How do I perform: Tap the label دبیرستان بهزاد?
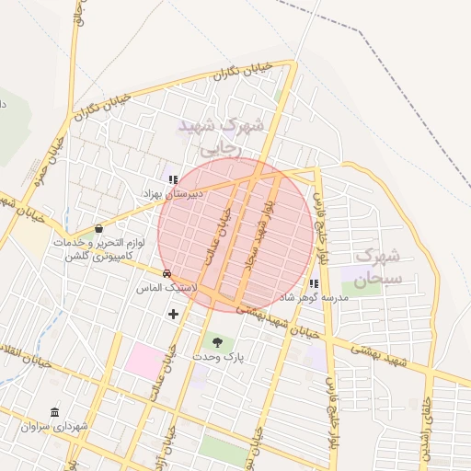pyautogui.click(x=170, y=195)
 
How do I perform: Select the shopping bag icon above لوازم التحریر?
pyautogui.click(x=98, y=228)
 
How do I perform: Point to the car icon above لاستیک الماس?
pyautogui.click(x=167, y=274)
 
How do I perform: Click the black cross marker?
pyautogui.click(x=173, y=315)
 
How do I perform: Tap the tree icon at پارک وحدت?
pyautogui.click(x=217, y=341)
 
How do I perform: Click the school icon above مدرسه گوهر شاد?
pyautogui.click(x=315, y=284)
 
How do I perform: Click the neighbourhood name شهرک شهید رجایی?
pyautogui.click(x=221, y=133)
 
